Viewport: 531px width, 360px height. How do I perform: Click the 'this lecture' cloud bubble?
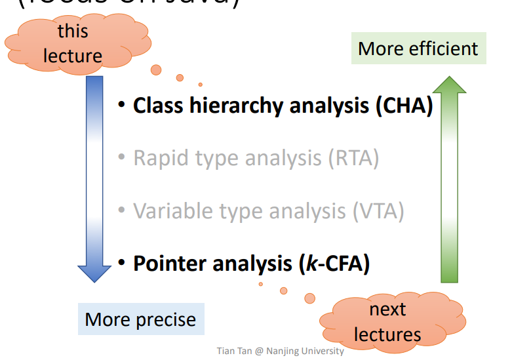point(72,43)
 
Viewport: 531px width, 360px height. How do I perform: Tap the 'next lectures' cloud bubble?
point(387,322)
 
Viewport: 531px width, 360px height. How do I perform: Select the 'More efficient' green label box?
point(418,49)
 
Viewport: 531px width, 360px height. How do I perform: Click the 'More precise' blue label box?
point(140,319)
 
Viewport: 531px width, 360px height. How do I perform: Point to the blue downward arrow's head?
point(95,272)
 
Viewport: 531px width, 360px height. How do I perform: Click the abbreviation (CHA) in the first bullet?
point(404,106)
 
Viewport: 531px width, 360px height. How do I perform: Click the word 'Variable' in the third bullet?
point(172,210)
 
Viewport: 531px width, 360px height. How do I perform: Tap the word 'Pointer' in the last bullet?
point(168,263)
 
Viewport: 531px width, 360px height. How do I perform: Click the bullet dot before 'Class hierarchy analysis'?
point(121,106)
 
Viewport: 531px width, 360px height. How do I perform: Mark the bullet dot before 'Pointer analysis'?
point(121,263)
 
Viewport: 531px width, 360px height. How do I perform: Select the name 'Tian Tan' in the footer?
point(234,351)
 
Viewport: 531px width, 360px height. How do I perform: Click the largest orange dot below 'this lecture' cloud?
point(156,69)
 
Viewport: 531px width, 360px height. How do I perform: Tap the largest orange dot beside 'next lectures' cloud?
point(309,298)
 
